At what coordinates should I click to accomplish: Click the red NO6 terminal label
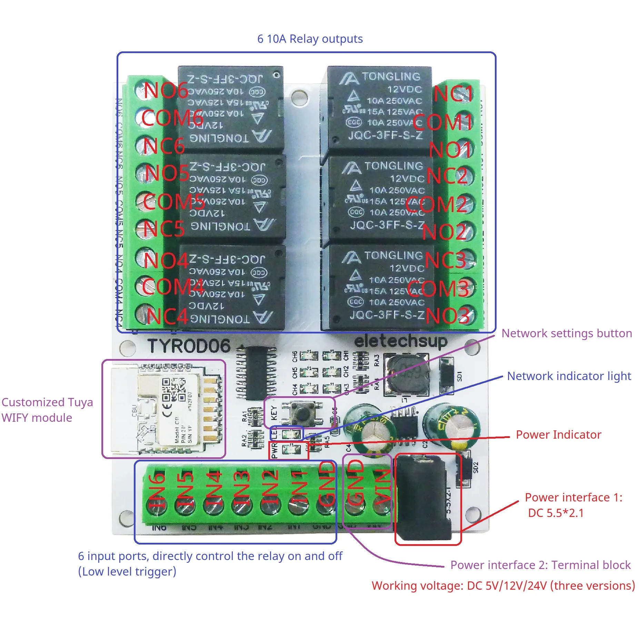166,90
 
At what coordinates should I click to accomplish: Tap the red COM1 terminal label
443,122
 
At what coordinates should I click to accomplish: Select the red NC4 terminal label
167,316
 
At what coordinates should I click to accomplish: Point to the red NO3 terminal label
448,316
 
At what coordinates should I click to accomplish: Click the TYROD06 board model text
189,346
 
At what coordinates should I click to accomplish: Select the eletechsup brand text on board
401,341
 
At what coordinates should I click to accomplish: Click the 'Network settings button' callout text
567,333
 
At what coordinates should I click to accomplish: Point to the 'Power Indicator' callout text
558,435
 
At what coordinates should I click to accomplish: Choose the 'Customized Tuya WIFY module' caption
47,410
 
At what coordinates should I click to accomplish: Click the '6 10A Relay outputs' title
310,39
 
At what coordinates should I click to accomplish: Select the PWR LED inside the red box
287,449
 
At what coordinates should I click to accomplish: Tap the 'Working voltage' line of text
503,586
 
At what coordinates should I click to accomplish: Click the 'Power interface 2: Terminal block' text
540,565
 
